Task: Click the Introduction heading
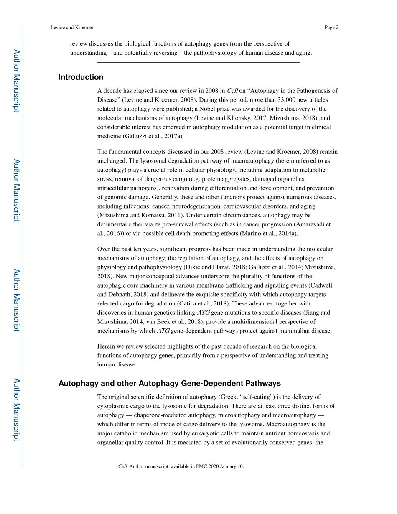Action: pos(81,77)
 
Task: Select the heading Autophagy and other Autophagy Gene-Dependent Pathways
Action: pos(169,383)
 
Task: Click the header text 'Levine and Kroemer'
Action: pos(71,28)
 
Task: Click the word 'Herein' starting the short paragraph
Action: pos(106,346)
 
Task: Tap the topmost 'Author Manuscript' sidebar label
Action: pos(16,81)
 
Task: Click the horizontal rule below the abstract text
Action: pos(198,63)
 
